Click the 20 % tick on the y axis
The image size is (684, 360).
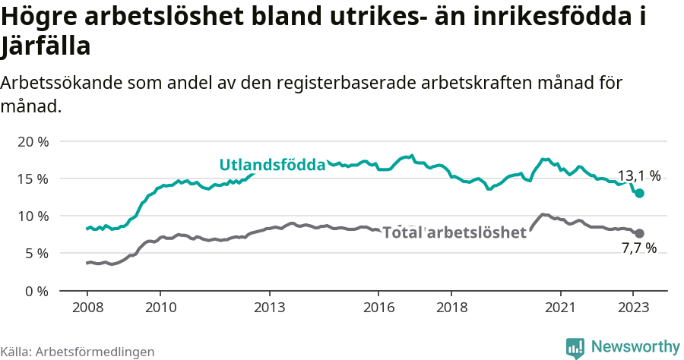click(32, 142)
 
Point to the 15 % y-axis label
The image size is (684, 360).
click(32, 179)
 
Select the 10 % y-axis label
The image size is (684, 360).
click(32, 216)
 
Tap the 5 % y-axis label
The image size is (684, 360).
click(36, 254)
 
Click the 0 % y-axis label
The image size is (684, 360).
click(36, 291)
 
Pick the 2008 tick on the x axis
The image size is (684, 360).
click(87, 308)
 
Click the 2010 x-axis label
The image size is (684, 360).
click(160, 308)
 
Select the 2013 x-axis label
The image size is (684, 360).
click(269, 308)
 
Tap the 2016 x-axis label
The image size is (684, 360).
click(378, 308)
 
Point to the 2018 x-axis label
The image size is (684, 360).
click(451, 308)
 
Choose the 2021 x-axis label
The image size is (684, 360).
click(561, 308)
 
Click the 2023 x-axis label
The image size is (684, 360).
click(633, 308)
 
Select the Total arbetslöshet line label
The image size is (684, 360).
click(454, 232)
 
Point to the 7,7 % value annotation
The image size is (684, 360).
click(638, 248)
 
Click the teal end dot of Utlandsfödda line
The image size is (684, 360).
click(639, 194)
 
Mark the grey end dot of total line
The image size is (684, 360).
click(639, 233)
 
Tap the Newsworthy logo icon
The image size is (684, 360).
click(575, 347)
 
